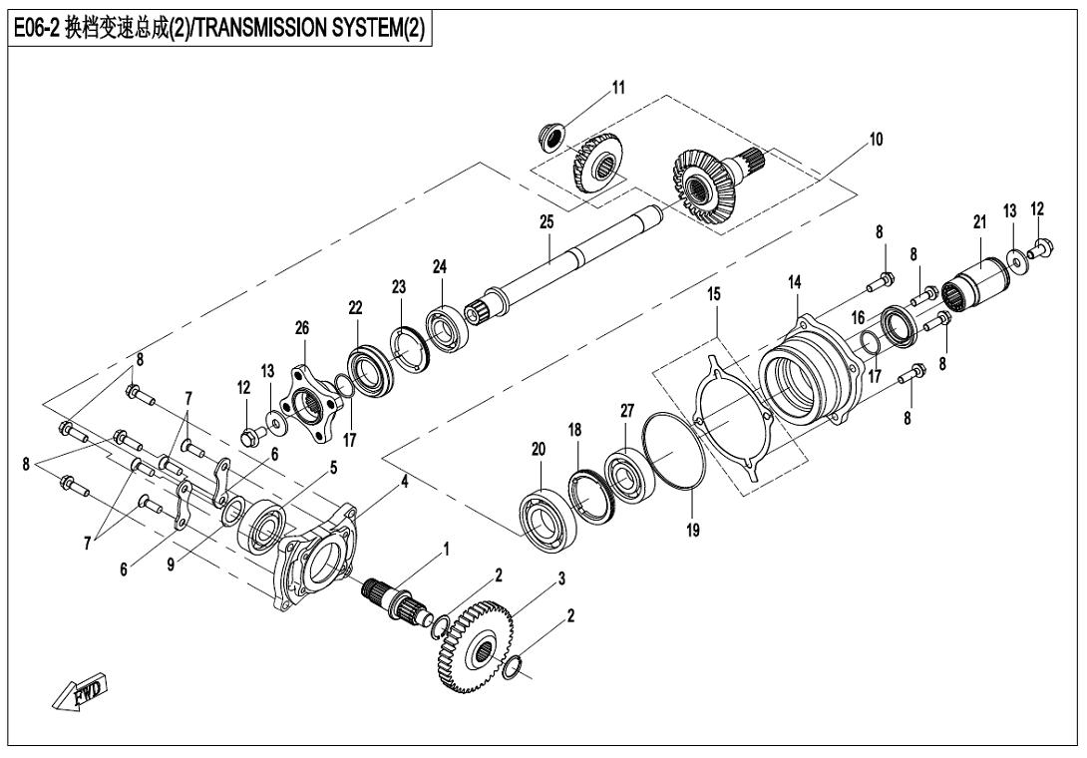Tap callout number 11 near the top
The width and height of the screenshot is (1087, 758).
[x=618, y=88]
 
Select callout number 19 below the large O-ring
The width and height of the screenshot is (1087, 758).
[x=692, y=531]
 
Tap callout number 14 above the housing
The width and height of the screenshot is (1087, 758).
[x=795, y=283]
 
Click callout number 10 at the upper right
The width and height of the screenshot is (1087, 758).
[x=875, y=139]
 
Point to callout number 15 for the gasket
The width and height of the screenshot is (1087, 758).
[x=714, y=295]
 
